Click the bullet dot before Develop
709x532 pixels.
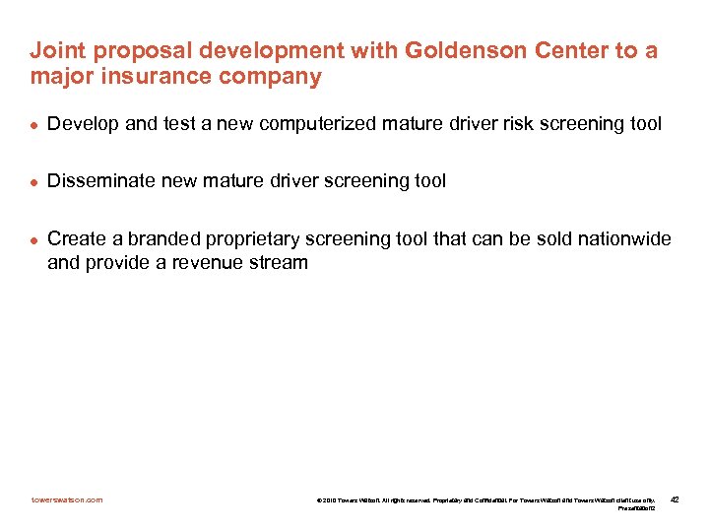(33, 125)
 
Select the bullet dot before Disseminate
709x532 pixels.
(33, 181)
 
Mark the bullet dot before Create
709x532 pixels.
(33, 239)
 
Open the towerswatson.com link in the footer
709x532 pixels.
(66, 499)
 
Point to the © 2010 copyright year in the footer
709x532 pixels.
(327, 500)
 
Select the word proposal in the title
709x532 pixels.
(126, 50)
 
